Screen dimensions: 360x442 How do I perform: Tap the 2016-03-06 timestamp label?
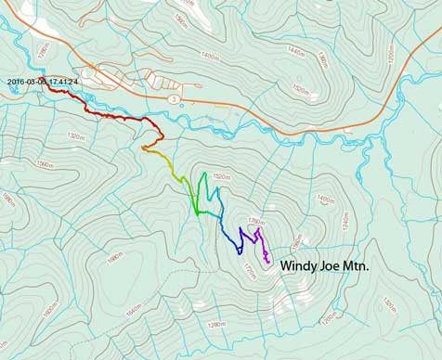tap(43, 82)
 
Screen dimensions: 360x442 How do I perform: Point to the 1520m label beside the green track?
tap(221, 176)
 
